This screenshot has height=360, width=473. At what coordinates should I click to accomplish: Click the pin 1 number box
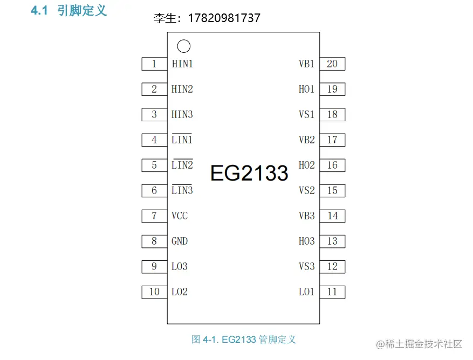click(x=154, y=64)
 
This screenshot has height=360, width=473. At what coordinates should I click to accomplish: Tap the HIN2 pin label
click(x=182, y=89)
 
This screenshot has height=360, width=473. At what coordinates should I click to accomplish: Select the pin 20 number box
click(x=332, y=64)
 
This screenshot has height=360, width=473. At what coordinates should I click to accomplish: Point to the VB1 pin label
click(x=306, y=64)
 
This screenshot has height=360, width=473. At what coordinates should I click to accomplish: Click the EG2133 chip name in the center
click(x=249, y=173)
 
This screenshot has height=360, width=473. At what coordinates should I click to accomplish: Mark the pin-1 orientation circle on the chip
click(x=183, y=47)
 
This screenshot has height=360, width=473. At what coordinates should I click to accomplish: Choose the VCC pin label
click(x=180, y=216)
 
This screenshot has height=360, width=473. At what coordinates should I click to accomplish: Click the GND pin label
click(x=180, y=241)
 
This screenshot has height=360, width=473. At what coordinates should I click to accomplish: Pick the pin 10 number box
click(x=154, y=292)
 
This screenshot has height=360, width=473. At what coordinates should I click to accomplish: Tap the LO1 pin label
click(x=306, y=292)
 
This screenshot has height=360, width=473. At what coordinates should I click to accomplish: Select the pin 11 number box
click(x=332, y=292)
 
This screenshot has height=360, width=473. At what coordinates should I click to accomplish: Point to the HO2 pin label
click(x=306, y=165)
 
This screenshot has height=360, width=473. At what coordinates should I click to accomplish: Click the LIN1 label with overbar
click(x=182, y=140)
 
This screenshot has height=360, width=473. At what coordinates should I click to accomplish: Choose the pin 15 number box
click(x=332, y=191)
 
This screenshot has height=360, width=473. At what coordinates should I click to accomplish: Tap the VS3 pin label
click(x=306, y=267)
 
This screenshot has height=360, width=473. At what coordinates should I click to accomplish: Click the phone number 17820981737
click(x=224, y=18)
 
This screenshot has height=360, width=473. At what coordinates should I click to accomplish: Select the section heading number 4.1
click(x=40, y=11)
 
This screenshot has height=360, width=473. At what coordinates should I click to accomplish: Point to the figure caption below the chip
click(x=244, y=340)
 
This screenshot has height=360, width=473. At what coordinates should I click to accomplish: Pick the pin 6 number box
click(x=154, y=191)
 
